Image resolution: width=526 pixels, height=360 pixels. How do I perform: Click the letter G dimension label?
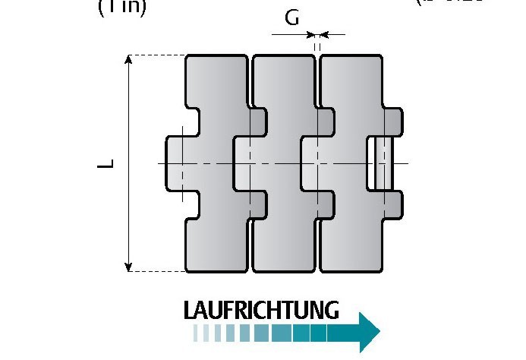tap(292, 17)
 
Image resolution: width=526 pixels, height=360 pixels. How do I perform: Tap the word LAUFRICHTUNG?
tap(260, 310)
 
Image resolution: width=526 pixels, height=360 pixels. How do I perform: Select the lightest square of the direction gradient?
tap(198, 333)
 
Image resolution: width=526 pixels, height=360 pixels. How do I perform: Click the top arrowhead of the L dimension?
tap(130, 60)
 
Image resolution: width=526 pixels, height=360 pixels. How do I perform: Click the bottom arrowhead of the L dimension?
tap(130, 265)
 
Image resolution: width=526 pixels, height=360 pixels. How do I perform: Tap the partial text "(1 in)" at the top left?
tap(122, 7)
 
